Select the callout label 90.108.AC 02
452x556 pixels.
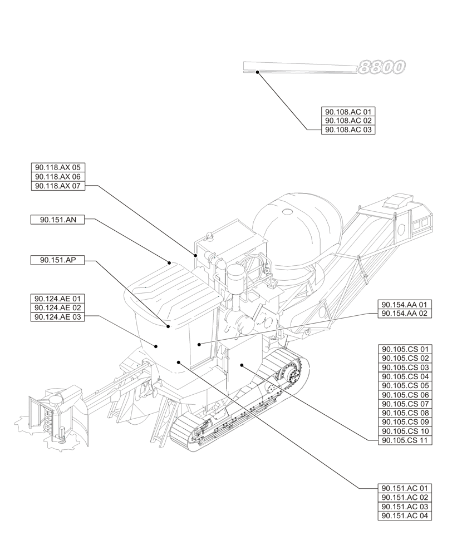pyautogui.click(x=348, y=121)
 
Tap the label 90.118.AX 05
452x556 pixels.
pyautogui.click(x=58, y=167)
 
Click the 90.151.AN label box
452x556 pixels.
pyautogui.click(x=58, y=220)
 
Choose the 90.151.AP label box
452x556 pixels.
pyautogui.click(x=58, y=260)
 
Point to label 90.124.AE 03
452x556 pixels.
pyautogui.click(x=58, y=317)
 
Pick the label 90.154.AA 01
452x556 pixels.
pyautogui.click(x=405, y=305)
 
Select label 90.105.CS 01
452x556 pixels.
pyautogui.click(x=405, y=349)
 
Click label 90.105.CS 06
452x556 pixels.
pyautogui.click(x=405, y=395)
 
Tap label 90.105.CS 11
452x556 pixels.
pyautogui.click(x=405, y=440)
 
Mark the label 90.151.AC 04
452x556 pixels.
pyautogui.click(x=405, y=516)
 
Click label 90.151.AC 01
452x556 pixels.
pyautogui.click(x=405, y=488)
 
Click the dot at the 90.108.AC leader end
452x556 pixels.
pyautogui.click(x=257, y=72)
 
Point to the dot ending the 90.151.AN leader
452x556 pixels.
pyautogui.click(x=169, y=261)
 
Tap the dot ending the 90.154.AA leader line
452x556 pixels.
pyautogui.click(x=199, y=345)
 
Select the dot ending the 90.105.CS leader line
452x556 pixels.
pyautogui.click(x=242, y=365)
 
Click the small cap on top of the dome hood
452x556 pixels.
pyautogui.click(x=287, y=212)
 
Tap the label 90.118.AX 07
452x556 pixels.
pyautogui.click(x=58, y=186)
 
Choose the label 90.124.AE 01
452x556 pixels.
pyautogui.click(x=58, y=298)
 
